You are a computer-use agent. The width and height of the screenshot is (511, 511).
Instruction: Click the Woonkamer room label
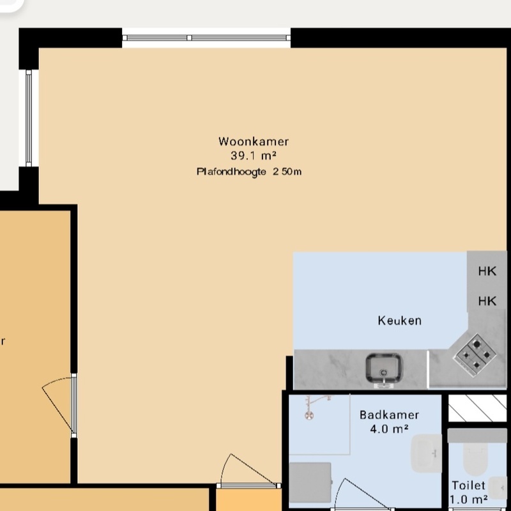coord(254,141)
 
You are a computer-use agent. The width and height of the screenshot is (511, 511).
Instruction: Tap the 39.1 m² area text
coord(254,156)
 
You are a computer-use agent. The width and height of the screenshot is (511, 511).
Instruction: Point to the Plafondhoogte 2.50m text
coord(249,172)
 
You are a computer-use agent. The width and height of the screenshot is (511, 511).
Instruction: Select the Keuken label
coord(400,321)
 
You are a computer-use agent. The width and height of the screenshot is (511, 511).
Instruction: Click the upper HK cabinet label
coord(487,271)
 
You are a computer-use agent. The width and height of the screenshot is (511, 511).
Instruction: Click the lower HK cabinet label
coord(487,301)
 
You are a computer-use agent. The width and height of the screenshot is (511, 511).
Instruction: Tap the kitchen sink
coord(384,370)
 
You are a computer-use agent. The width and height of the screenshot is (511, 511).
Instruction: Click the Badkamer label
coord(389,415)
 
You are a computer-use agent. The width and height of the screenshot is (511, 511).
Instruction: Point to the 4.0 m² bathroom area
coord(389,429)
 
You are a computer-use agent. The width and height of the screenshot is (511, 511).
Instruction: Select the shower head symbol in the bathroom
coord(309,415)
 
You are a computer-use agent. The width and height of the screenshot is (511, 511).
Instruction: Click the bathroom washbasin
coord(426,454)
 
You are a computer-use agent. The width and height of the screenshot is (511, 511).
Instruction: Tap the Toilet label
coord(469,485)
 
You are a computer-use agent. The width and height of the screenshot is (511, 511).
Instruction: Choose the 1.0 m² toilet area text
coord(469,500)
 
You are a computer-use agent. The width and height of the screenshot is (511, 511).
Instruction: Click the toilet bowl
coord(475,459)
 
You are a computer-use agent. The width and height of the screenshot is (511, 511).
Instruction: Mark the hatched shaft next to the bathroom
coord(477,408)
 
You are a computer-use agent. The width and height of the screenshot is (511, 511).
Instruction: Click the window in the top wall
coord(206,38)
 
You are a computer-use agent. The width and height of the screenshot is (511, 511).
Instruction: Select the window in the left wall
coord(29,118)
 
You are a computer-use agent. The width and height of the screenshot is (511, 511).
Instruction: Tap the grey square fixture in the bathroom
coord(310,482)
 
